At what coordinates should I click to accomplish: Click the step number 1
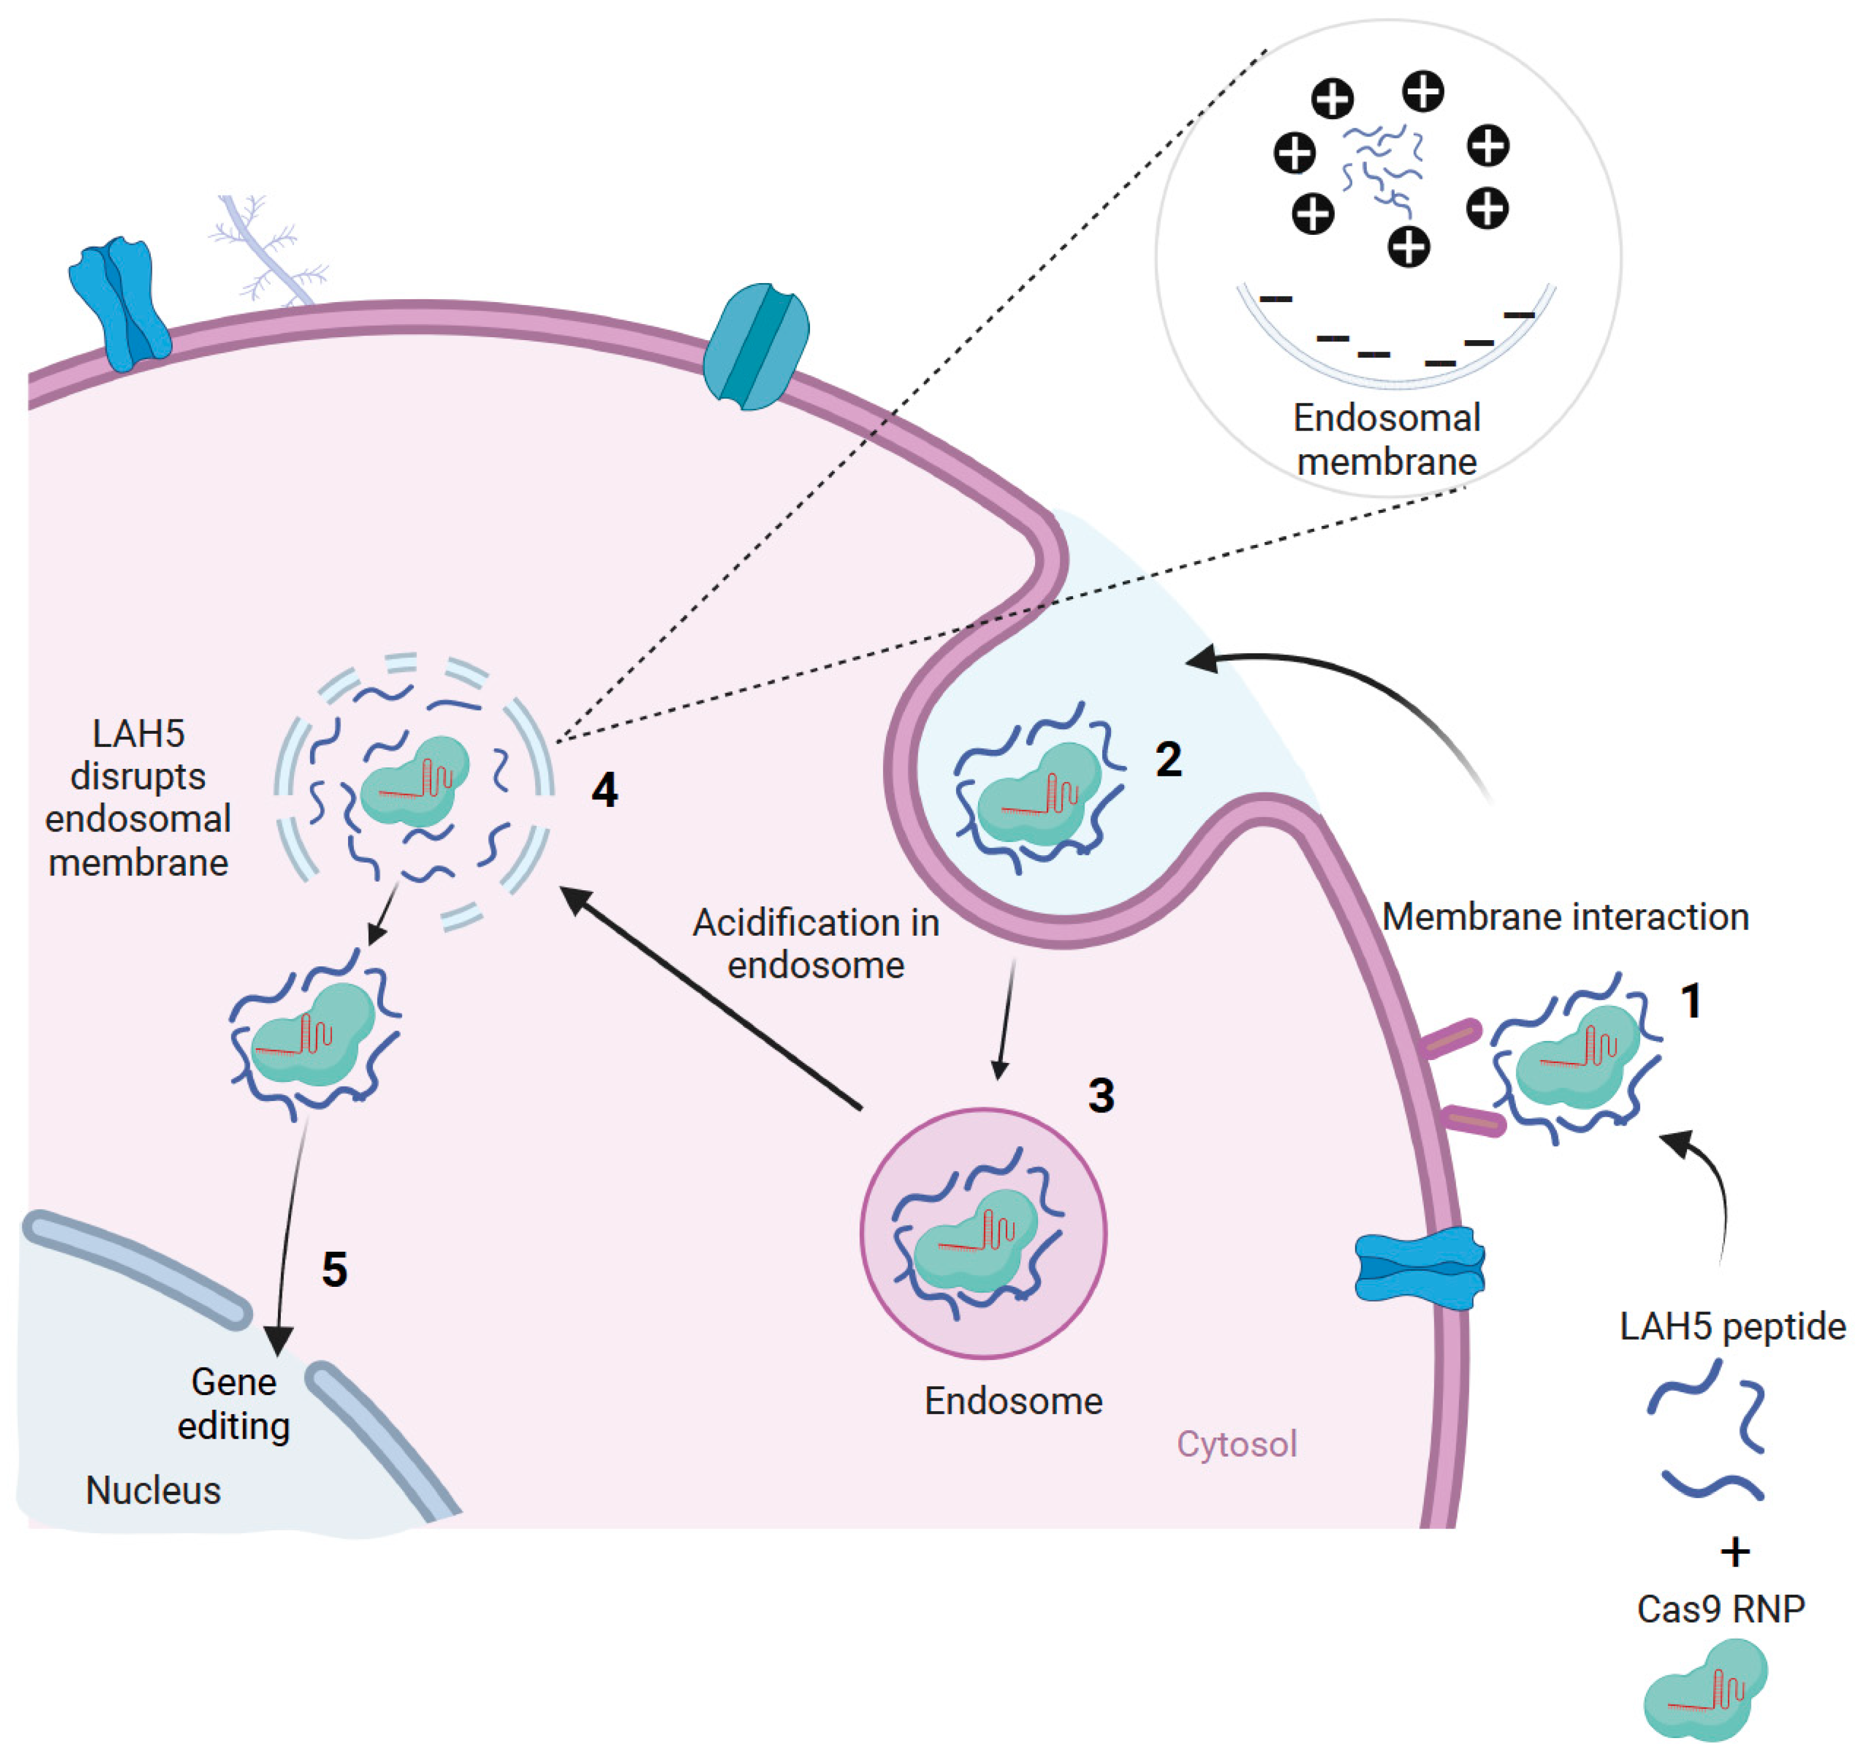[1690, 1001]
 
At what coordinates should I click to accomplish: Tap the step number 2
[1167, 759]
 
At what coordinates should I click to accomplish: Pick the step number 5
[334, 1270]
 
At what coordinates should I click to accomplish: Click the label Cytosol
[1236, 1443]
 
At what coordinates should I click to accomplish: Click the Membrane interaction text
[1565, 917]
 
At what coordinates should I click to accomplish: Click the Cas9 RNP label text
[1721, 1609]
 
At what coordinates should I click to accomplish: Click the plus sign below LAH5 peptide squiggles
[1735, 1553]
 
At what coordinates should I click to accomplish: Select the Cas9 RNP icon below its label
[1704, 1690]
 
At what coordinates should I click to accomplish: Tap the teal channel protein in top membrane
[755, 346]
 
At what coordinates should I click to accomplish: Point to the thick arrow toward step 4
[712, 998]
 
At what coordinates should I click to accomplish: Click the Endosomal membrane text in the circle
[1387, 439]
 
